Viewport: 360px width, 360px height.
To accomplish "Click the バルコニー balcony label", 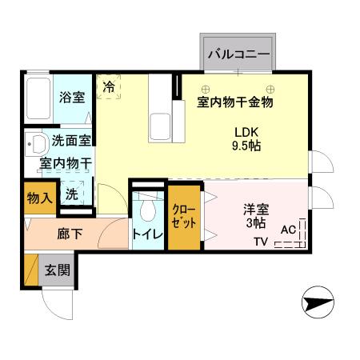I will coord(238,54).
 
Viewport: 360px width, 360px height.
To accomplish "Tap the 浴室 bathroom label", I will coord(72,98).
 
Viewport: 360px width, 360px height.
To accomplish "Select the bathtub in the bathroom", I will coord(37,98).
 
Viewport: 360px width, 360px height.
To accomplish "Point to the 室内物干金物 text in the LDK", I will coord(235,102).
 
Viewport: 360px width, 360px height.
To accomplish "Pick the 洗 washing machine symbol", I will coord(73,194).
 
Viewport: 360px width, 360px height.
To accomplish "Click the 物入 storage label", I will coord(38,197).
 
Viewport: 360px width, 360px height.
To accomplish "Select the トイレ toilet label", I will coord(148,235).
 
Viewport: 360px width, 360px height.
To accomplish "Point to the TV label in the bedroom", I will coord(262,242).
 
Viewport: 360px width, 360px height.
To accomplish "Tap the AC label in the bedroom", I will coord(289,230).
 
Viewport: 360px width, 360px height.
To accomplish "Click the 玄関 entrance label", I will coord(57,270).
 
